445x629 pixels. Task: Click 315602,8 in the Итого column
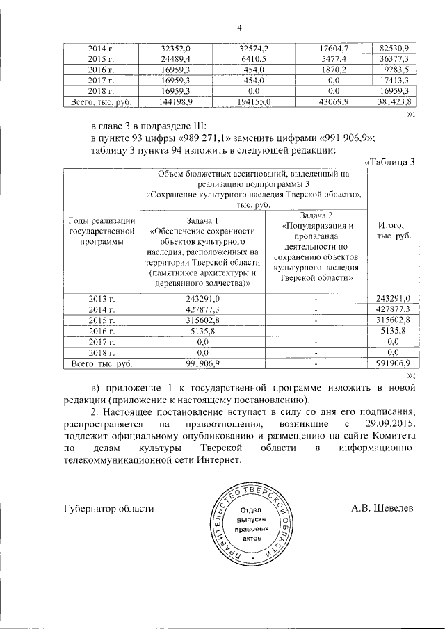click(394, 320)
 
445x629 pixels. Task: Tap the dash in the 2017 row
click(316, 341)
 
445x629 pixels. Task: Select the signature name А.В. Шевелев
click(382, 508)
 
